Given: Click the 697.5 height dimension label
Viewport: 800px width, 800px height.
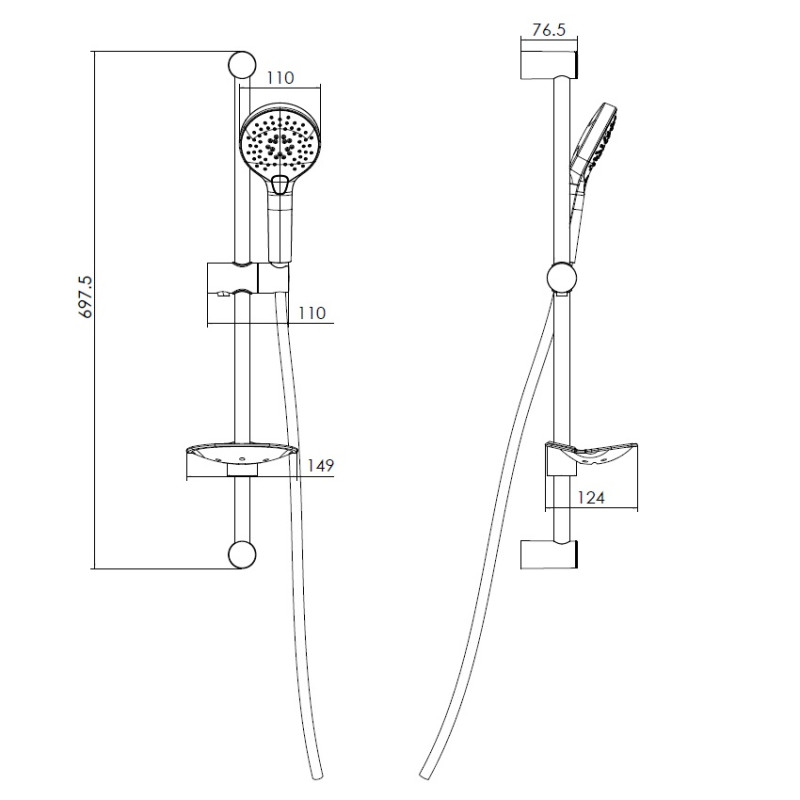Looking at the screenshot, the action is tap(86, 297).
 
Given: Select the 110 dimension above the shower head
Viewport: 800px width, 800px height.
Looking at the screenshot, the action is tap(281, 78).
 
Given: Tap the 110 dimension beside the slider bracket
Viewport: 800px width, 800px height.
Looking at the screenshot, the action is tap(312, 313).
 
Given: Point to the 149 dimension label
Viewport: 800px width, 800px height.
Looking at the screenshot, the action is tap(320, 465).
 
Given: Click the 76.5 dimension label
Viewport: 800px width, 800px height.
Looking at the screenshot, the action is tap(549, 30).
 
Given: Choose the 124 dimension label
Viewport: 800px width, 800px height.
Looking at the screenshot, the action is tap(591, 497).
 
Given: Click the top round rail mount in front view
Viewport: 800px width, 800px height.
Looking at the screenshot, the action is tap(242, 65).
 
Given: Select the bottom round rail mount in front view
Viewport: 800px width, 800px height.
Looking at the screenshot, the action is tap(242, 555).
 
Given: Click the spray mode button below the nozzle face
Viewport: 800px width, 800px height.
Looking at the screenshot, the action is tap(280, 184).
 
